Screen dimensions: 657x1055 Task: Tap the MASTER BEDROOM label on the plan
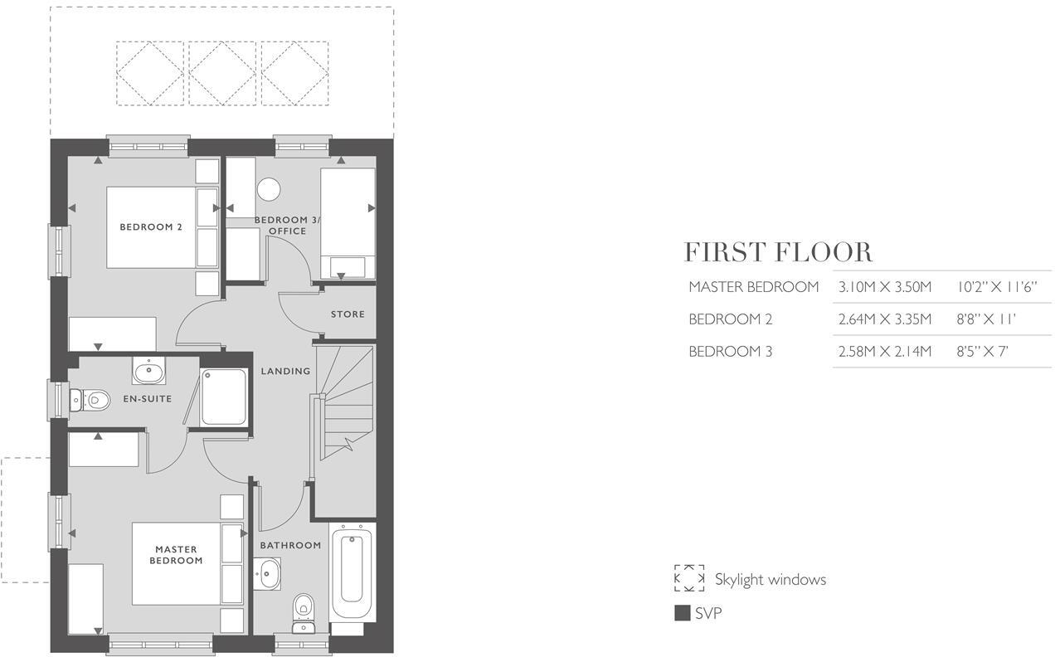pos(176,555)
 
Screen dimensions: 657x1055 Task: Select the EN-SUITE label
pos(147,399)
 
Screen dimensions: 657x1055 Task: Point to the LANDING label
pos(285,371)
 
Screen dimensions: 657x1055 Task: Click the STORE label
pos(348,314)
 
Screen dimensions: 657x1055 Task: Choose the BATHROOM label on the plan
pos(290,545)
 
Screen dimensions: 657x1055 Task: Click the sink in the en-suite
pos(148,370)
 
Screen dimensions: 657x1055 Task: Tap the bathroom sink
pos(268,572)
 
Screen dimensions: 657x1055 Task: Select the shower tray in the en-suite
pos(225,397)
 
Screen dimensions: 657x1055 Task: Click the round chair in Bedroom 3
pos(269,190)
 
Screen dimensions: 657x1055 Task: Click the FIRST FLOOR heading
pos(778,252)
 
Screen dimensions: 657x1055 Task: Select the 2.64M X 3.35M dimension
pos(885,319)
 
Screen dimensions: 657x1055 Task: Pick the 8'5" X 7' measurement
pos(982,352)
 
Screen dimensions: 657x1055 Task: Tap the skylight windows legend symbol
pos(688,578)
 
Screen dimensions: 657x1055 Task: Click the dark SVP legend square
pos(682,614)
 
